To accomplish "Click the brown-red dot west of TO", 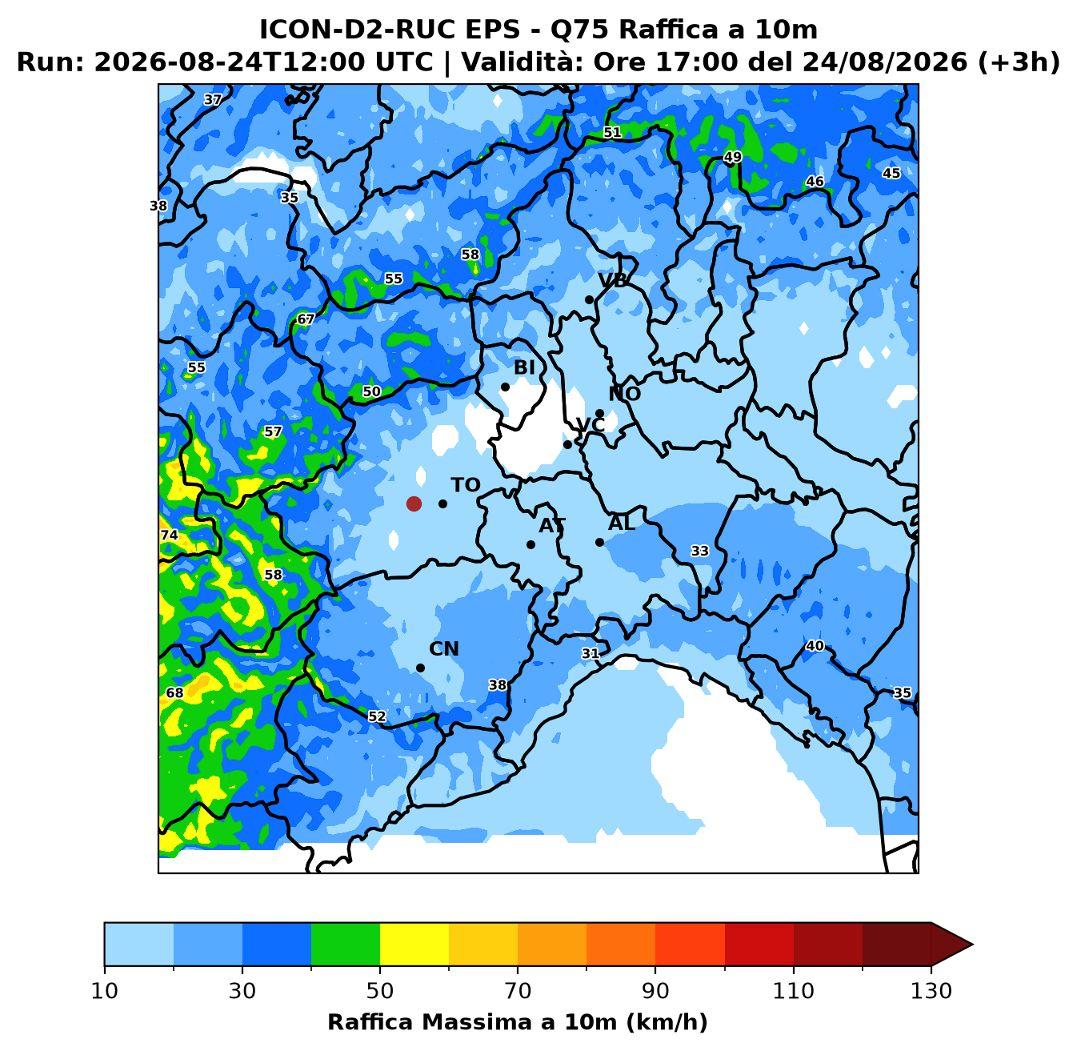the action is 414,503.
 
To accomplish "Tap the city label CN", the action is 444,648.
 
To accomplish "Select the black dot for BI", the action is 505,387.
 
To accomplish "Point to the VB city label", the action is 612,280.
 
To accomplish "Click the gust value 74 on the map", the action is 170,535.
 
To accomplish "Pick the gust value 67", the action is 306,319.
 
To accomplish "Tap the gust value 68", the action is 174,692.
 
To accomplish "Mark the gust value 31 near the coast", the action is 590,653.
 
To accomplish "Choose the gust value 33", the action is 699,551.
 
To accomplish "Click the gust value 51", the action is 612,132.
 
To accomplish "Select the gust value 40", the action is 815,646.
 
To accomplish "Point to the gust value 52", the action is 377,716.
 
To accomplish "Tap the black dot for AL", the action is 599,542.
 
